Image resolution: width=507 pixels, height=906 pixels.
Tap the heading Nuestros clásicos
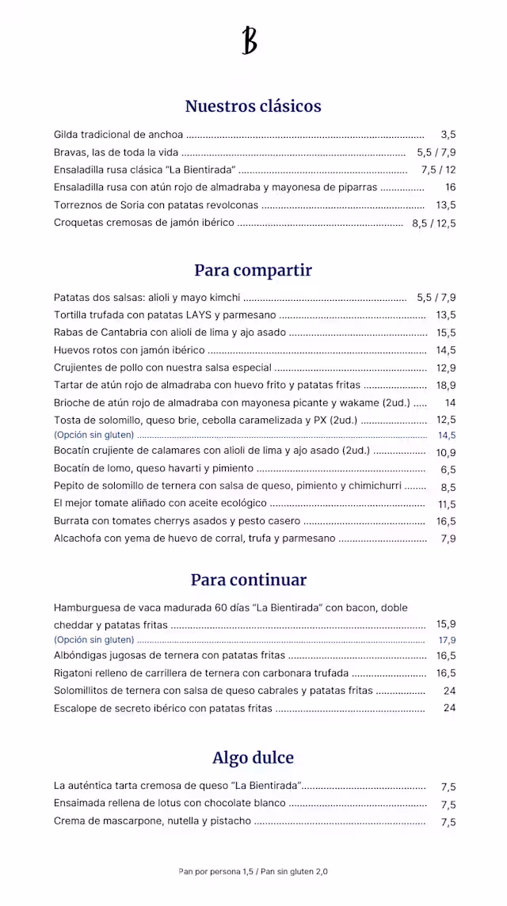(x=253, y=106)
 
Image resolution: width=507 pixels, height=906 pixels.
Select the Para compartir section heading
(x=253, y=270)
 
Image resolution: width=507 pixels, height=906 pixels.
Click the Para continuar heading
(x=249, y=580)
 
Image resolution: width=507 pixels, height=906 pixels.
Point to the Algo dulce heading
(x=253, y=758)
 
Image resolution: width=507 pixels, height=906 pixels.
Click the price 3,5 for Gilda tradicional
(x=448, y=135)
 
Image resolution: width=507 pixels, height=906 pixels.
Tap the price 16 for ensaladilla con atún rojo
(x=450, y=188)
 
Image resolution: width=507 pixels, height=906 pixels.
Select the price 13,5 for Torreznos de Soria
(x=446, y=205)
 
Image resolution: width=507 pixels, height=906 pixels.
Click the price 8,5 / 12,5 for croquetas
(x=434, y=223)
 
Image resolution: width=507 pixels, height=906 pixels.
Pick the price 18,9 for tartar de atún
(x=446, y=385)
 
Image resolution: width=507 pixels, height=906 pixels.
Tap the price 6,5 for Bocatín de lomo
(x=448, y=470)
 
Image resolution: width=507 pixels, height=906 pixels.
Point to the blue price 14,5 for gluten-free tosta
(x=447, y=436)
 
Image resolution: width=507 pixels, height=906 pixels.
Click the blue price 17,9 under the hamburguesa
(x=447, y=640)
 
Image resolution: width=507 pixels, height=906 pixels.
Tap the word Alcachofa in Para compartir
(x=78, y=539)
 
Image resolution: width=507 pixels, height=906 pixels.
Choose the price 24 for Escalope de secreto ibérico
(x=450, y=708)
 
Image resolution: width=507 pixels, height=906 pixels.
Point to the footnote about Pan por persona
(x=253, y=871)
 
